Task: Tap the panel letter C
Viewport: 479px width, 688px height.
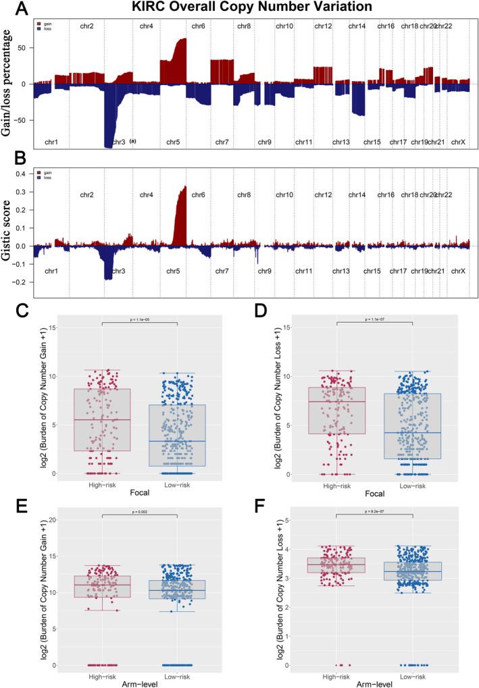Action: [22, 311]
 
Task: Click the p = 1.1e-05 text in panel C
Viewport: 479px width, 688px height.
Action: [139, 318]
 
